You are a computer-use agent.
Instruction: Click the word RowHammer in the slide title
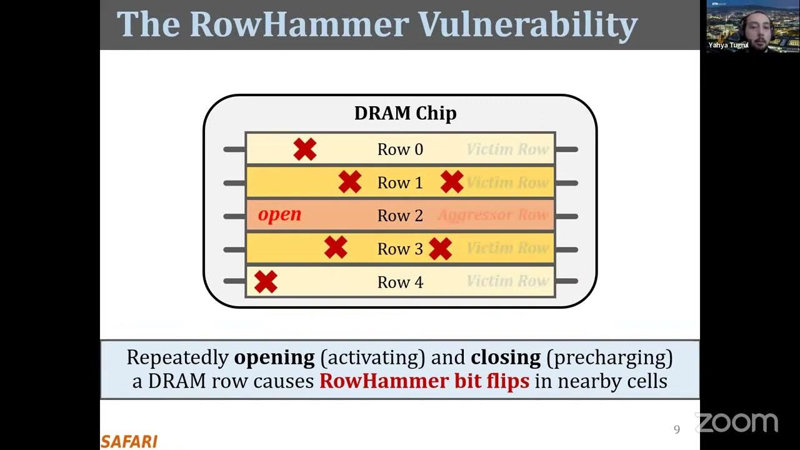pyautogui.click(x=299, y=24)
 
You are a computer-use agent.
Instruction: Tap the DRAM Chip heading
pyautogui.click(x=405, y=113)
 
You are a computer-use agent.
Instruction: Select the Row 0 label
pyautogui.click(x=400, y=149)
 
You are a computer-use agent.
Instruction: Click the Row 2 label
pyautogui.click(x=400, y=216)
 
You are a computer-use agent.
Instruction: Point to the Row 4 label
pyautogui.click(x=400, y=282)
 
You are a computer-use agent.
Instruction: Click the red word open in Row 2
pyautogui.click(x=279, y=214)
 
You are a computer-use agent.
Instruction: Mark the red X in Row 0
pyautogui.click(x=305, y=149)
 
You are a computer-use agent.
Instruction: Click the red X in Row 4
pyautogui.click(x=266, y=282)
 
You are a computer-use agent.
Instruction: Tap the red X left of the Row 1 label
pyautogui.click(x=350, y=182)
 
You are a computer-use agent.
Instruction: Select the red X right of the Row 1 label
pyautogui.click(x=452, y=182)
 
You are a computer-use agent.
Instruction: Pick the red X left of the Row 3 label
pyautogui.click(x=336, y=247)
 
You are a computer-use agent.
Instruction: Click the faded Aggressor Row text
pyautogui.click(x=492, y=216)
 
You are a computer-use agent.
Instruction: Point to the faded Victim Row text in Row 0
pyautogui.click(x=507, y=149)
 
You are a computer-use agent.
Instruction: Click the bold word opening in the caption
pyautogui.click(x=274, y=357)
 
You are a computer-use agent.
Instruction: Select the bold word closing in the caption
pyautogui.click(x=506, y=357)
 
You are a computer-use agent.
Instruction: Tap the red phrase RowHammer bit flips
pyautogui.click(x=424, y=381)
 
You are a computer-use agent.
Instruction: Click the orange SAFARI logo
pyautogui.click(x=129, y=441)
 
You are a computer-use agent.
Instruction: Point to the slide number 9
pyautogui.click(x=676, y=429)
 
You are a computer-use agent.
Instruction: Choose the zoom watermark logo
pyautogui.click(x=736, y=423)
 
